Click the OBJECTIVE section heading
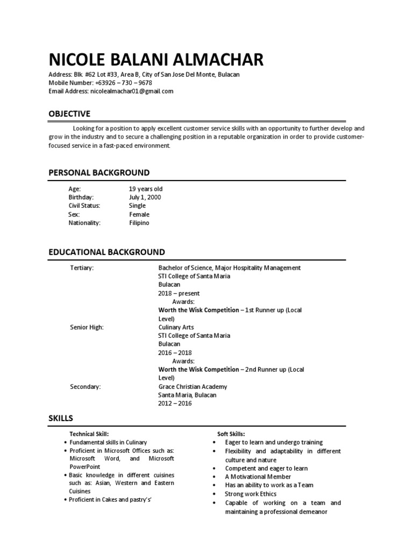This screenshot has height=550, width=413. pos(69,113)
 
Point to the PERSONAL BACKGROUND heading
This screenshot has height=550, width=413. pos(99,172)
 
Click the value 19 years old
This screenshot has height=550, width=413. pos(145,189)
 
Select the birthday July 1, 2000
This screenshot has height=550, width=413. pos(145,197)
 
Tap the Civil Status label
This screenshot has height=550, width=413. pos(84,206)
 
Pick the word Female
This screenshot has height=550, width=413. pos(139,214)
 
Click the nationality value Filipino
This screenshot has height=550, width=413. pos(139,223)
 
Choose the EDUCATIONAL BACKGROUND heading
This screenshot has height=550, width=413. pos(106,252)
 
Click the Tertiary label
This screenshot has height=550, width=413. pos(82,268)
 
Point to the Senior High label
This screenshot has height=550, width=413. pos(87,327)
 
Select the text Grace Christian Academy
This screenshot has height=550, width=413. pos(193,387)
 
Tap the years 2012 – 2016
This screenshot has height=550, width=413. pos(175,403)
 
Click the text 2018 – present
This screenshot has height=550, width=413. pos(179,293)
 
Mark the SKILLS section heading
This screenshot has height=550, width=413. pos(61,418)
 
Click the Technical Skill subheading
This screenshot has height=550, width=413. pos(89,433)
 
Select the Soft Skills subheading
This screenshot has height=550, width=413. pos(231,433)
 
